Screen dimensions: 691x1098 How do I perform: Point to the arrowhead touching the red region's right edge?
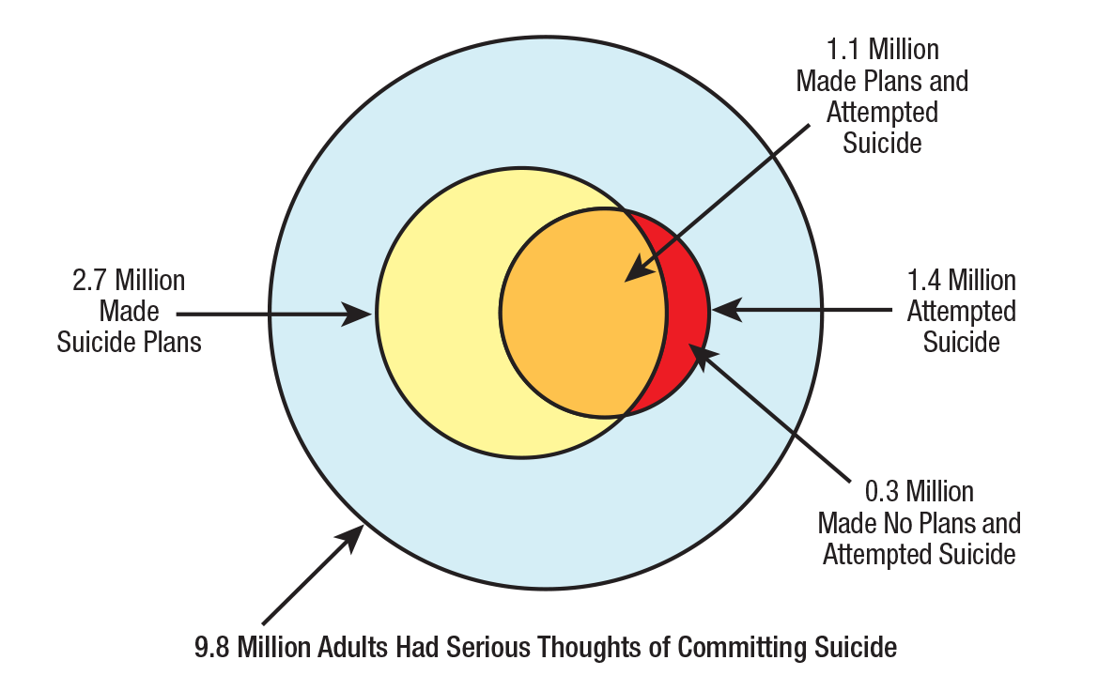tap(724, 308)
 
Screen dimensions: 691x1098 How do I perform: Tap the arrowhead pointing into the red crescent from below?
tap(701, 356)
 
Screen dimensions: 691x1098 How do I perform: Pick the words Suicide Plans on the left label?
tap(129, 342)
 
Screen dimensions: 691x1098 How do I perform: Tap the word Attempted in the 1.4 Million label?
tap(961, 311)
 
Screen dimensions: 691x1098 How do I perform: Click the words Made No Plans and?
tap(919, 523)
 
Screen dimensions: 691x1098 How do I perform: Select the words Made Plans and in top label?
tap(882, 81)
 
